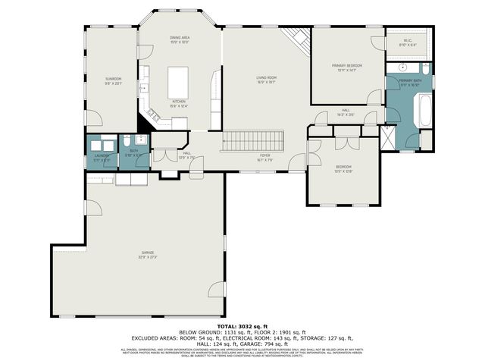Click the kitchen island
[179, 78]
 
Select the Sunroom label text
[114, 81]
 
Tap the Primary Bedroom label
[347, 67]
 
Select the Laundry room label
[102, 158]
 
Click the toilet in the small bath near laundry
[128, 140]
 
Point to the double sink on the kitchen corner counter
[155, 115]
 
